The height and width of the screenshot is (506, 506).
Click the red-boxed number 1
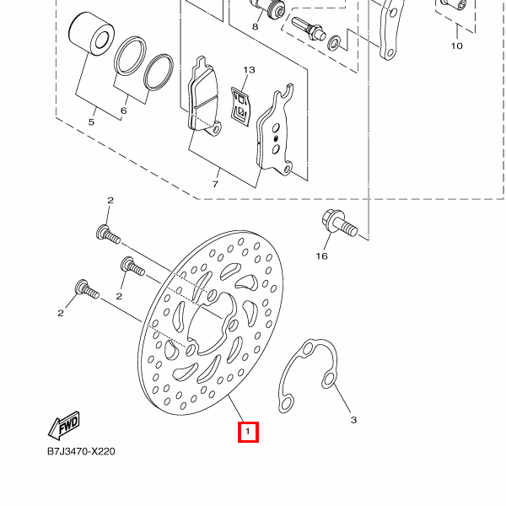pos(247,433)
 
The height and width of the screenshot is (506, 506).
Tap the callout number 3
pos(354,419)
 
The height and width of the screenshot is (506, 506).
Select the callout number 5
pos(92,123)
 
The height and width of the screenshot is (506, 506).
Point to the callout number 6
pos(124,110)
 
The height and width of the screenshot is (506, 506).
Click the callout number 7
pos(215,183)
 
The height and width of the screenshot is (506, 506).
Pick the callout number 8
pos(255,27)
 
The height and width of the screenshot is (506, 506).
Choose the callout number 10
pos(456,46)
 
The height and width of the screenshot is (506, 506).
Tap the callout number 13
pos(248,70)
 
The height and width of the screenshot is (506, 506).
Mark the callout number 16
pos(321,256)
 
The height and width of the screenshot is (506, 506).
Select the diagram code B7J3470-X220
pos(81,451)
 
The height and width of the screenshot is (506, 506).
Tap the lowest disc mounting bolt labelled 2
pos(87,289)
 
